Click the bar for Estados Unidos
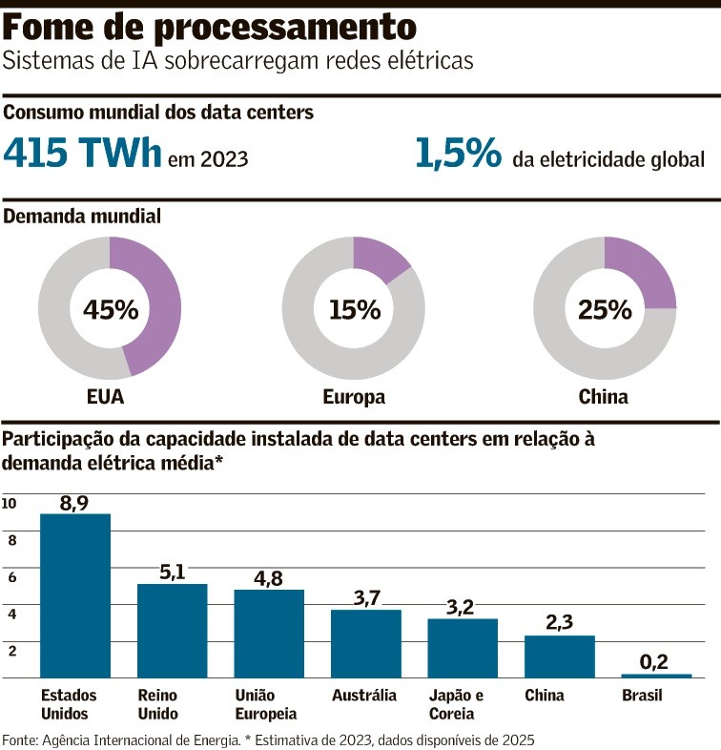click(75, 595)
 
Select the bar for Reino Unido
click(172, 630)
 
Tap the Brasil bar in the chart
click(656, 675)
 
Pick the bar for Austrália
click(366, 643)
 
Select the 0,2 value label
click(656, 661)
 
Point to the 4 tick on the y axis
click(12, 614)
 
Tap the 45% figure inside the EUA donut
click(111, 309)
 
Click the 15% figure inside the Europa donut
click(354, 309)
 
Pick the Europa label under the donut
click(354, 397)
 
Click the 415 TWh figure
click(83, 154)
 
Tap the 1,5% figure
click(458, 154)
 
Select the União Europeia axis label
click(266, 704)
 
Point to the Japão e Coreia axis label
click(456, 704)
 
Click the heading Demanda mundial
click(82, 216)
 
